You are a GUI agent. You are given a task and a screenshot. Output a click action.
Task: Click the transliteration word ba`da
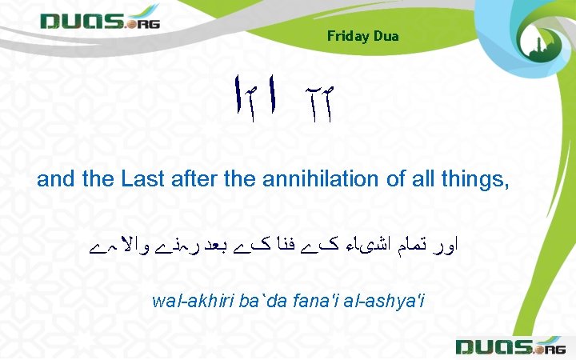[x=250, y=302]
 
